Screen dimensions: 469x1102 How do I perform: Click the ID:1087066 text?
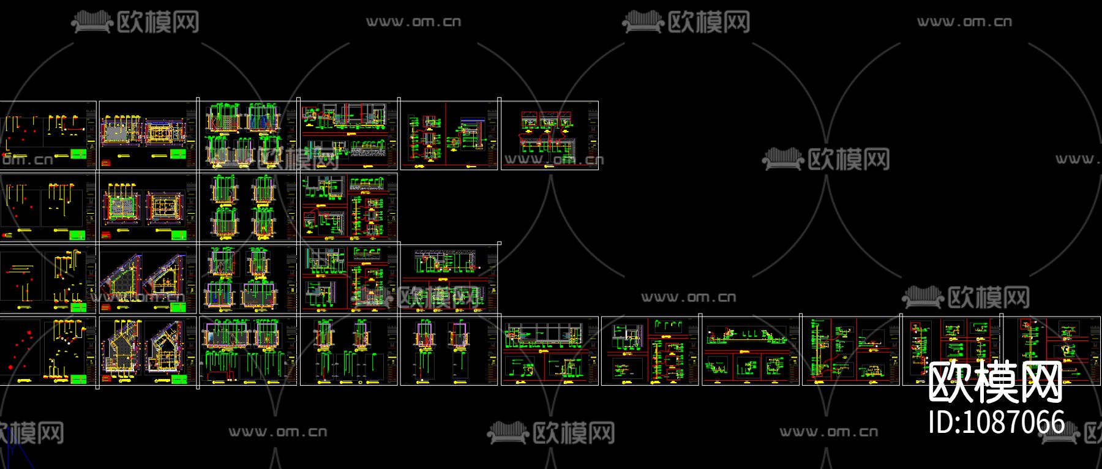997,422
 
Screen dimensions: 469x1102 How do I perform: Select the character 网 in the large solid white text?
1041,383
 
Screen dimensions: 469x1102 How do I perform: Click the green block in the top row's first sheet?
79,154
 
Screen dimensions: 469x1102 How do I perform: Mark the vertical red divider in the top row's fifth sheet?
446,135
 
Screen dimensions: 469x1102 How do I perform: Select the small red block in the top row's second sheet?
107,163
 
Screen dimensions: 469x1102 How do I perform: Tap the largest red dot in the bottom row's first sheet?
12,367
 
